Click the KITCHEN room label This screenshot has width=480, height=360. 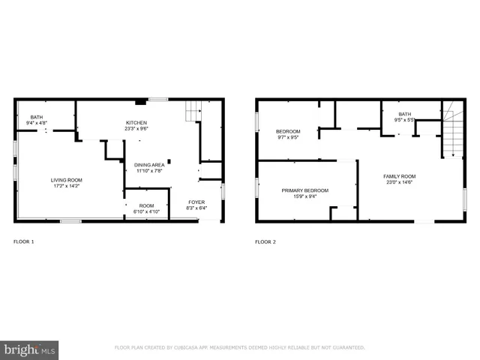point(136,122)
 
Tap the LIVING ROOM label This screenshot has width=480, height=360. point(66,180)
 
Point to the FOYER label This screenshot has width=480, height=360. point(196,202)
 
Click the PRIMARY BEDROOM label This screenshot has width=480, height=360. point(304,190)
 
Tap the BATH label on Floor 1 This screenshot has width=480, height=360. point(36,117)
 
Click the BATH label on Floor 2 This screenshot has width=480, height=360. point(405,114)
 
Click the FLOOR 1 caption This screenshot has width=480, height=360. point(24,241)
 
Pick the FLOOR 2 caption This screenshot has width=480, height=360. point(265,241)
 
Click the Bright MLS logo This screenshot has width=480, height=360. point(30,349)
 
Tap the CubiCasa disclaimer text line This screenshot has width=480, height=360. point(239,348)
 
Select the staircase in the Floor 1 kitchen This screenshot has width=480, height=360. point(194,110)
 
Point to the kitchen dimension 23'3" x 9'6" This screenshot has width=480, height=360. point(136,129)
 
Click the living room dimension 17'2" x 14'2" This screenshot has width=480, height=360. point(66,187)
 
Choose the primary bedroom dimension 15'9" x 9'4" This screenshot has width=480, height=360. point(304,197)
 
